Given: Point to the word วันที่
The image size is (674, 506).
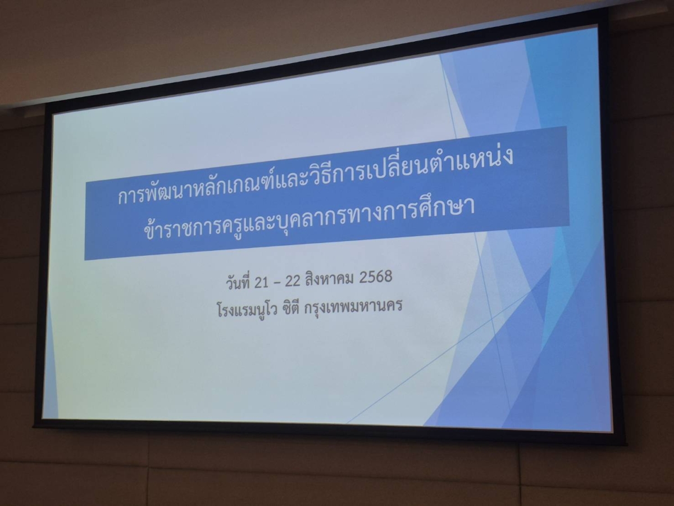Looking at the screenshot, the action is pos(238,283).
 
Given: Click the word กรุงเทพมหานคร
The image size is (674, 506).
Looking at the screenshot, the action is pos(353,306).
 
